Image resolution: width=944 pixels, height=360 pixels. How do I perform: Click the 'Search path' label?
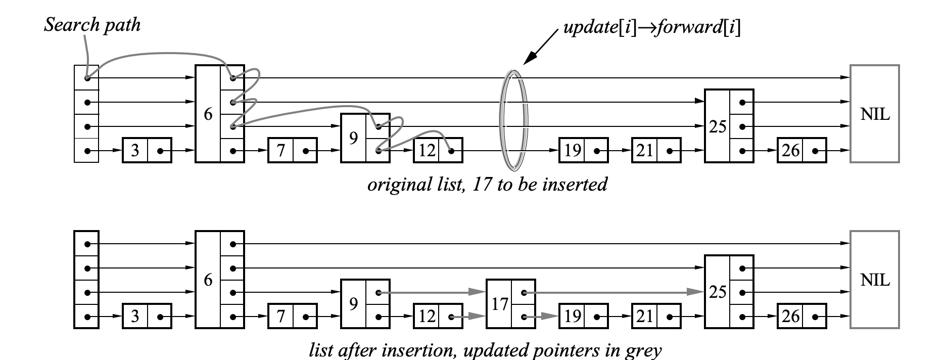tap(92, 25)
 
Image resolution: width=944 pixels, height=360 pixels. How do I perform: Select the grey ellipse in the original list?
tap(513, 120)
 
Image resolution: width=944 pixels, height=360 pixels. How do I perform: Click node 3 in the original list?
tap(147, 150)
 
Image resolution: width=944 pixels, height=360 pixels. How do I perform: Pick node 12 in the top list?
tap(438, 150)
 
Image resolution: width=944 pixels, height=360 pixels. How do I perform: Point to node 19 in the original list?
tap(583, 150)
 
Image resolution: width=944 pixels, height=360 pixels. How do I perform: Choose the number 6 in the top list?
tap(208, 114)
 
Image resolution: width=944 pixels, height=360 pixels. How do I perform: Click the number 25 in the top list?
tap(717, 126)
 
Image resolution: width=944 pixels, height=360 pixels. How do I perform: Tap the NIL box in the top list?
tap(874, 114)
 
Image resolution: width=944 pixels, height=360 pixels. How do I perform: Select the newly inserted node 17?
tap(510, 304)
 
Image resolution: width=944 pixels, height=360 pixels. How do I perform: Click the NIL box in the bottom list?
tap(874, 280)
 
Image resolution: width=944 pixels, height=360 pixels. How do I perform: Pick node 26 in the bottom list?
tap(801, 317)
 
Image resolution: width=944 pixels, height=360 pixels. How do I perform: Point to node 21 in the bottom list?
tap(656, 317)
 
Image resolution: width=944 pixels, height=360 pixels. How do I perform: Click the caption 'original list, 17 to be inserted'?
tap(487, 185)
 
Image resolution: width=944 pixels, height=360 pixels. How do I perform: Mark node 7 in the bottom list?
tap(293, 317)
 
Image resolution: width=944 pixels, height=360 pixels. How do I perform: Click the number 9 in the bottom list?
tap(353, 304)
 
